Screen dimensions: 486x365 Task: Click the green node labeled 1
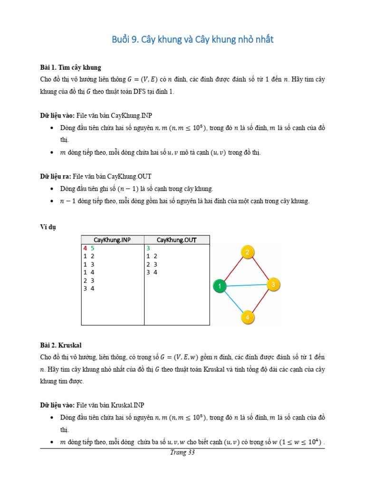[x=220, y=286]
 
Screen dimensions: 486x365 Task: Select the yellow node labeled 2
[x=247, y=252]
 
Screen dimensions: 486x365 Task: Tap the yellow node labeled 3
[x=273, y=285]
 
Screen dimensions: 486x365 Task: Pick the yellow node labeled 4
[x=247, y=317]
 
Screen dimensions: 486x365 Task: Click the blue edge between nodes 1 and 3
[x=246, y=285]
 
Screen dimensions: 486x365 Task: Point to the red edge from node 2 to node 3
[x=260, y=269]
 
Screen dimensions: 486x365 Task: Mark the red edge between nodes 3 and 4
[x=260, y=301]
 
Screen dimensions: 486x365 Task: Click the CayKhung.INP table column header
[x=112, y=240]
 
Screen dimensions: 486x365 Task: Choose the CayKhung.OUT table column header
[x=176, y=240]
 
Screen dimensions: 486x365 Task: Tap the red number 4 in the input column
[x=85, y=248]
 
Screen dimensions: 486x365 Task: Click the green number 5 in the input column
[x=93, y=248]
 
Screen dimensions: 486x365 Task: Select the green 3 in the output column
[x=148, y=248]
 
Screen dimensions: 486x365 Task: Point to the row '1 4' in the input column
[x=89, y=272]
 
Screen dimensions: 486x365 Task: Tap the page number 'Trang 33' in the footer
[x=182, y=452]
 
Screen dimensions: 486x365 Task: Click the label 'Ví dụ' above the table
[x=48, y=227]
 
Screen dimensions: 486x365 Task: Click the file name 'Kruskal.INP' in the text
[x=127, y=405]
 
